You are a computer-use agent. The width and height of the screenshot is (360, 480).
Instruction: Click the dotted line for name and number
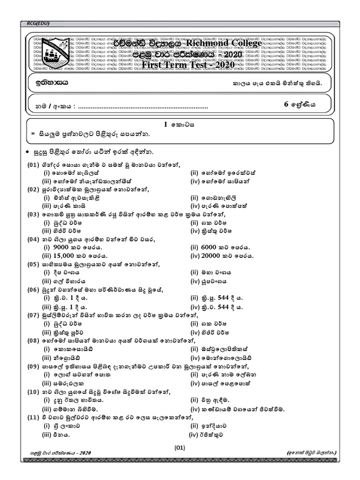point(142,107)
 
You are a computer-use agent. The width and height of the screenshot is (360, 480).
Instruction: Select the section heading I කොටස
point(180,125)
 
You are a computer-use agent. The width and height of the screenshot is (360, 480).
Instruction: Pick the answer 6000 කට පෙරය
point(226,247)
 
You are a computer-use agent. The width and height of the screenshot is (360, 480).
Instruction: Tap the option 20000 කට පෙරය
point(228,255)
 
